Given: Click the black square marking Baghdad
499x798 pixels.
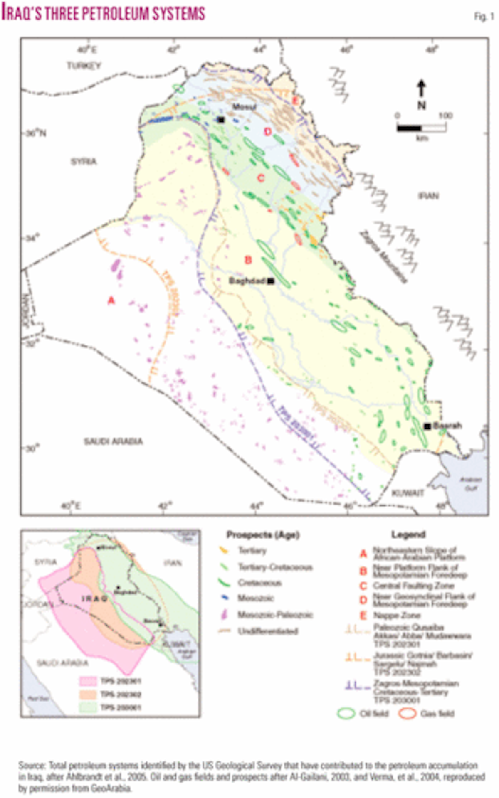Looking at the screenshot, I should [x=271, y=281].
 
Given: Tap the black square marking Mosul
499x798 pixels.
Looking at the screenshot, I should [x=221, y=120].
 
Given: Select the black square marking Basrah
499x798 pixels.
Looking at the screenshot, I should [x=427, y=426].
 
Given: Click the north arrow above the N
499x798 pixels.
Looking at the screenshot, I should [x=422, y=88].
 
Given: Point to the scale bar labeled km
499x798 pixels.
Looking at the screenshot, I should [x=421, y=128].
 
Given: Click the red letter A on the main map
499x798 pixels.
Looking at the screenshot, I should [x=111, y=300].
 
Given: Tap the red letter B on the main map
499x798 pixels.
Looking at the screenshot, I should [x=248, y=260].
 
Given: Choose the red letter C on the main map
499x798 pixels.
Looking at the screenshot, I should [x=261, y=178].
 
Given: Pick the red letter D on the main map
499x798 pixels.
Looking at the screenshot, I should [x=267, y=132].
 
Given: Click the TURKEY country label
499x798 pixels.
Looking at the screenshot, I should [x=84, y=66].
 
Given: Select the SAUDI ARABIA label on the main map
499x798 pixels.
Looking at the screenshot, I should [x=114, y=441].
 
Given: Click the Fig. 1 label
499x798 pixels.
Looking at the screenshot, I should [x=484, y=17].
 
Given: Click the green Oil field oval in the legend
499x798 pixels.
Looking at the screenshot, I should [x=346, y=714].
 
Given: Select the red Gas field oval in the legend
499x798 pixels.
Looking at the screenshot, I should [x=408, y=714].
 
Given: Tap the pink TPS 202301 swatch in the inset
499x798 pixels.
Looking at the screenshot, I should [x=88, y=681].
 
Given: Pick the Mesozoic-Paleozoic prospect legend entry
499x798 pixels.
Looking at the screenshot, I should [x=274, y=614].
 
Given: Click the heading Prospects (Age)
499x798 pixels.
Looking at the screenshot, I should [x=263, y=534].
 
